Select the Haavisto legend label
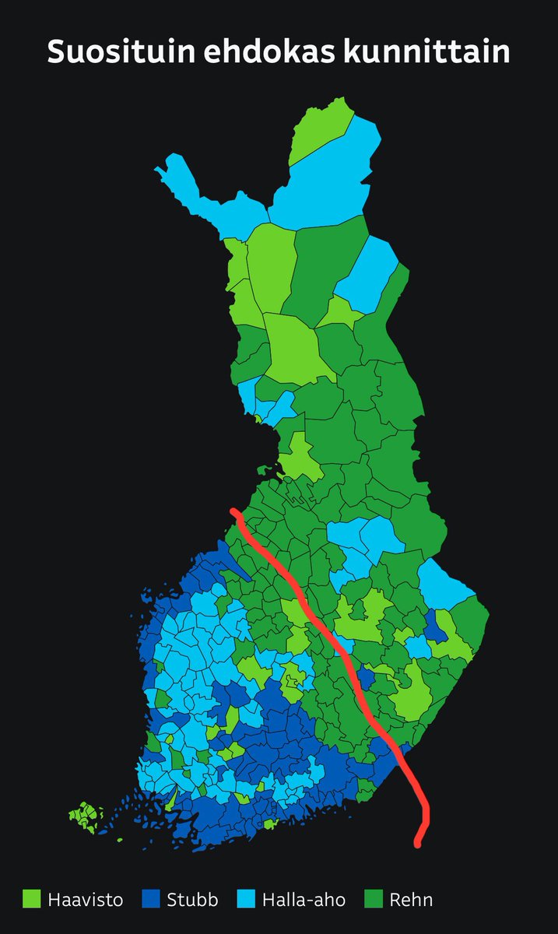[86, 901]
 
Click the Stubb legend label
[192, 901]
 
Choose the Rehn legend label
[412, 901]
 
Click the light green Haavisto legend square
[31, 900]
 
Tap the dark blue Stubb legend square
[151, 900]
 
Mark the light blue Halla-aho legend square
[250, 900]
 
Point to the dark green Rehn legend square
[375, 900]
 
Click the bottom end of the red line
[418, 844]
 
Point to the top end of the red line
[234, 511]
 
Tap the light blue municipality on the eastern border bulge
[444, 584]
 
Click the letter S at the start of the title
[57, 52]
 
